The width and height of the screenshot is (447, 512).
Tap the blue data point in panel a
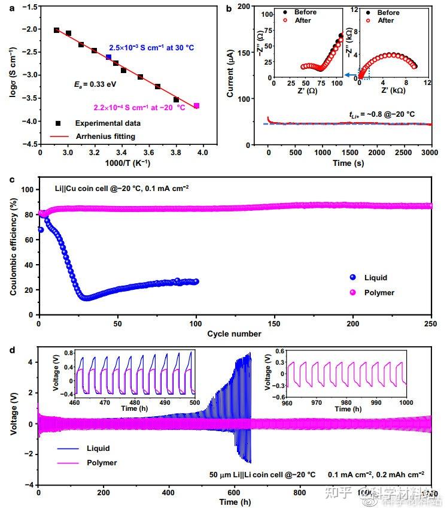tap(109, 57)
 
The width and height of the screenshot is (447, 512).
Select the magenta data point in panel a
tap(197, 106)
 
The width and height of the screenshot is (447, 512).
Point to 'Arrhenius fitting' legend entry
tap(109, 136)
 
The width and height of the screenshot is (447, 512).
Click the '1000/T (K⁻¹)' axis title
tap(121, 165)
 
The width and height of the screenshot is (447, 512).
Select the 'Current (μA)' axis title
tap(231, 75)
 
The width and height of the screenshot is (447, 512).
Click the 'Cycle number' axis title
tap(235, 334)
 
